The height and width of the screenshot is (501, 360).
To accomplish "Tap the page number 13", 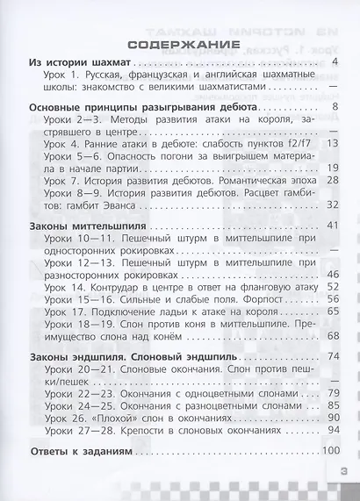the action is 332,142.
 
